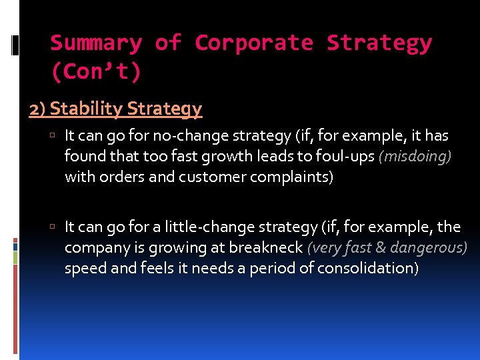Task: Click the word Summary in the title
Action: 96,43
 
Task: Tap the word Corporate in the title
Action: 253,43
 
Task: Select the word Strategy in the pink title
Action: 379,43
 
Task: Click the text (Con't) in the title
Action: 96,71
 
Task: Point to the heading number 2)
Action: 37,108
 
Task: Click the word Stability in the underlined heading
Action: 87,108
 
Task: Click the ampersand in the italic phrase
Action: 381,247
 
